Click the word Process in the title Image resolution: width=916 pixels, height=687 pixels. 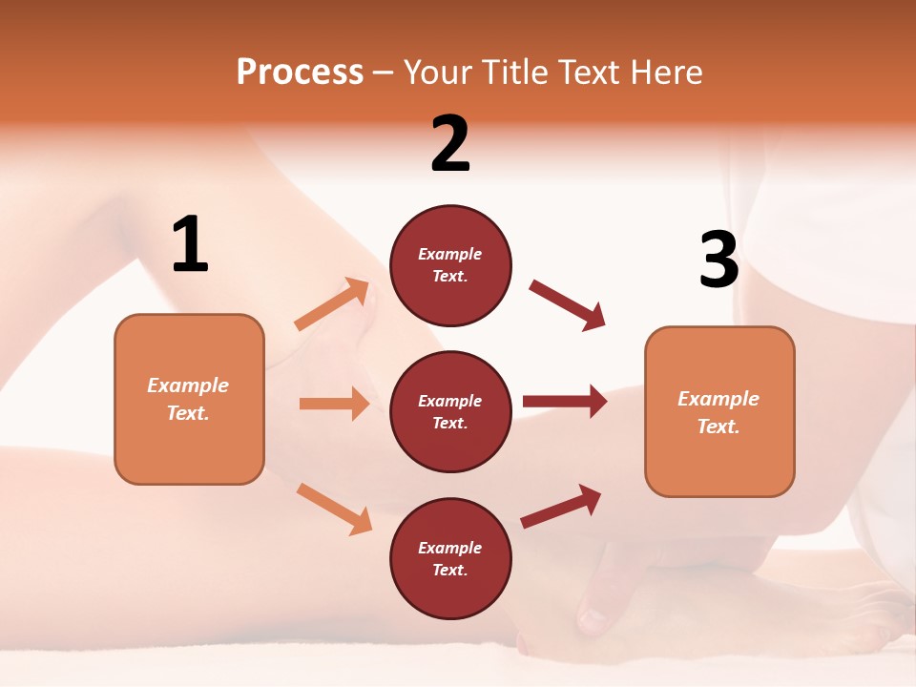(x=300, y=72)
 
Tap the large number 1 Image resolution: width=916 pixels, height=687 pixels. (x=190, y=245)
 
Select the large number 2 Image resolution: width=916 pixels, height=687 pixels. (x=450, y=144)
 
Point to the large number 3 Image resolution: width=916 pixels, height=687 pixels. (x=718, y=260)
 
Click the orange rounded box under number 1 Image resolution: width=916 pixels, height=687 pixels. (x=189, y=399)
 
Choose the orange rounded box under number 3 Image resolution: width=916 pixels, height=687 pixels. (x=719, y=412)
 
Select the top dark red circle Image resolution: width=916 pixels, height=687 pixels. (x=450, y=265)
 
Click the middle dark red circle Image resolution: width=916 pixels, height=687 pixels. (x=450, y=412)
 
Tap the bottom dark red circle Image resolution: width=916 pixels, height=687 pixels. (x=450, y=559)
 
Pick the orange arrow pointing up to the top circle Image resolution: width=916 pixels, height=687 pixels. (x=332, y=304)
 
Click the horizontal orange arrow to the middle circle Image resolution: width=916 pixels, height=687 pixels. (x=334, y=404)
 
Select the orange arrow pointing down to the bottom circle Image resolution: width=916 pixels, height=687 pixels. (x=334, y=509)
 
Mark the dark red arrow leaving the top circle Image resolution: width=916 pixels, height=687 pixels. (x=568, y=305)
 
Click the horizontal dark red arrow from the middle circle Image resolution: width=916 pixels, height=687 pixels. (x=565, y=401)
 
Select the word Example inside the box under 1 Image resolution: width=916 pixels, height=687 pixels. (x=188, y=385)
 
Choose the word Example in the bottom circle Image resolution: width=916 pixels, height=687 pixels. (x=450, y=548)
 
